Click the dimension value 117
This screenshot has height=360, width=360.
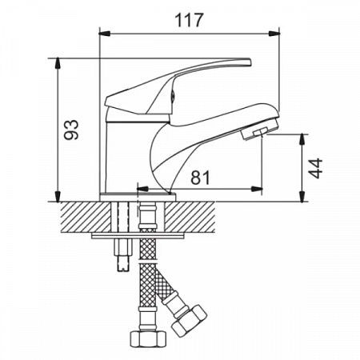click(x=189, y=20)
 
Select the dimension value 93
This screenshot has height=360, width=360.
click(x=71, y=130)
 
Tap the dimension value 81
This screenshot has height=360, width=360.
click(x=200, y=178)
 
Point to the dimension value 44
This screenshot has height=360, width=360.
click(x=315, y=168)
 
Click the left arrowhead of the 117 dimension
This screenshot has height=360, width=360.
click(x=104, y=34)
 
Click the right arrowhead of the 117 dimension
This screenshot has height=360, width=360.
click(x=274, y=34)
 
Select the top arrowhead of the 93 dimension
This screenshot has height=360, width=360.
click(x=58, y=63)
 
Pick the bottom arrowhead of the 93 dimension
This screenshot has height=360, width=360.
click(x=58, y=196)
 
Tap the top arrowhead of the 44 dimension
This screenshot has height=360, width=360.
click(x=302, y=139)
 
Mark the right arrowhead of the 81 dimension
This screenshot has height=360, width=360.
click(x=257, y=189)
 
